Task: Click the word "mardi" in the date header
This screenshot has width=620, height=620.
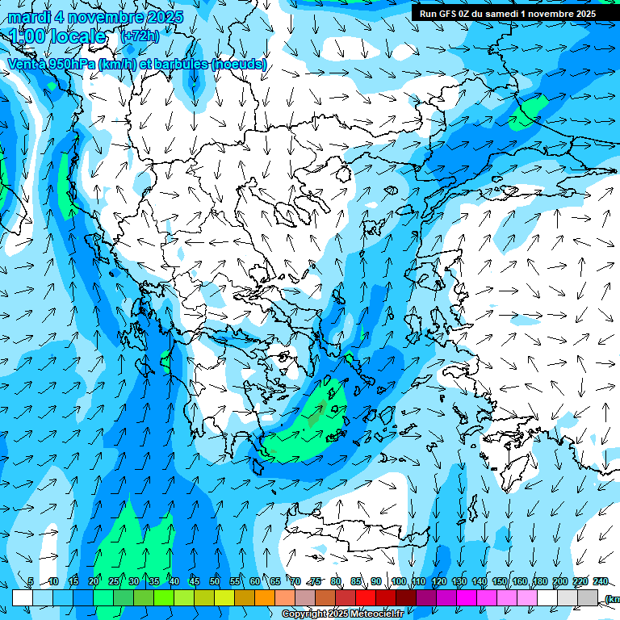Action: (x=29, y=17)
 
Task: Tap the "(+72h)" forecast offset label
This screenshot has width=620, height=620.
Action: (x=140, y=36)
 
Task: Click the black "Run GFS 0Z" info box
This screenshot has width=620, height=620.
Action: (x=507, y=13)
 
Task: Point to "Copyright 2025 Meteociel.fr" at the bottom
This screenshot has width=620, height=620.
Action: (x=342, y=614)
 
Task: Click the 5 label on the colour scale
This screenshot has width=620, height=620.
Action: (x=30, y=582)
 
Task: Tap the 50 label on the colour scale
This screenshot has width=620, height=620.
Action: (x=214, y=582)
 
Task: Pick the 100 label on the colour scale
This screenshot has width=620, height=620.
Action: (x=398, y=582)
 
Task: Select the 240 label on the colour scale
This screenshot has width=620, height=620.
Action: (x=600, y=582)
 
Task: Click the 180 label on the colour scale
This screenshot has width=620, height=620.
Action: (x=539, y=582)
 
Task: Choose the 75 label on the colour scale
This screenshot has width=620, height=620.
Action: (x=316, y=582)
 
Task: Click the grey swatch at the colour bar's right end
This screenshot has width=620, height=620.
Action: (x=588, y=597)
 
